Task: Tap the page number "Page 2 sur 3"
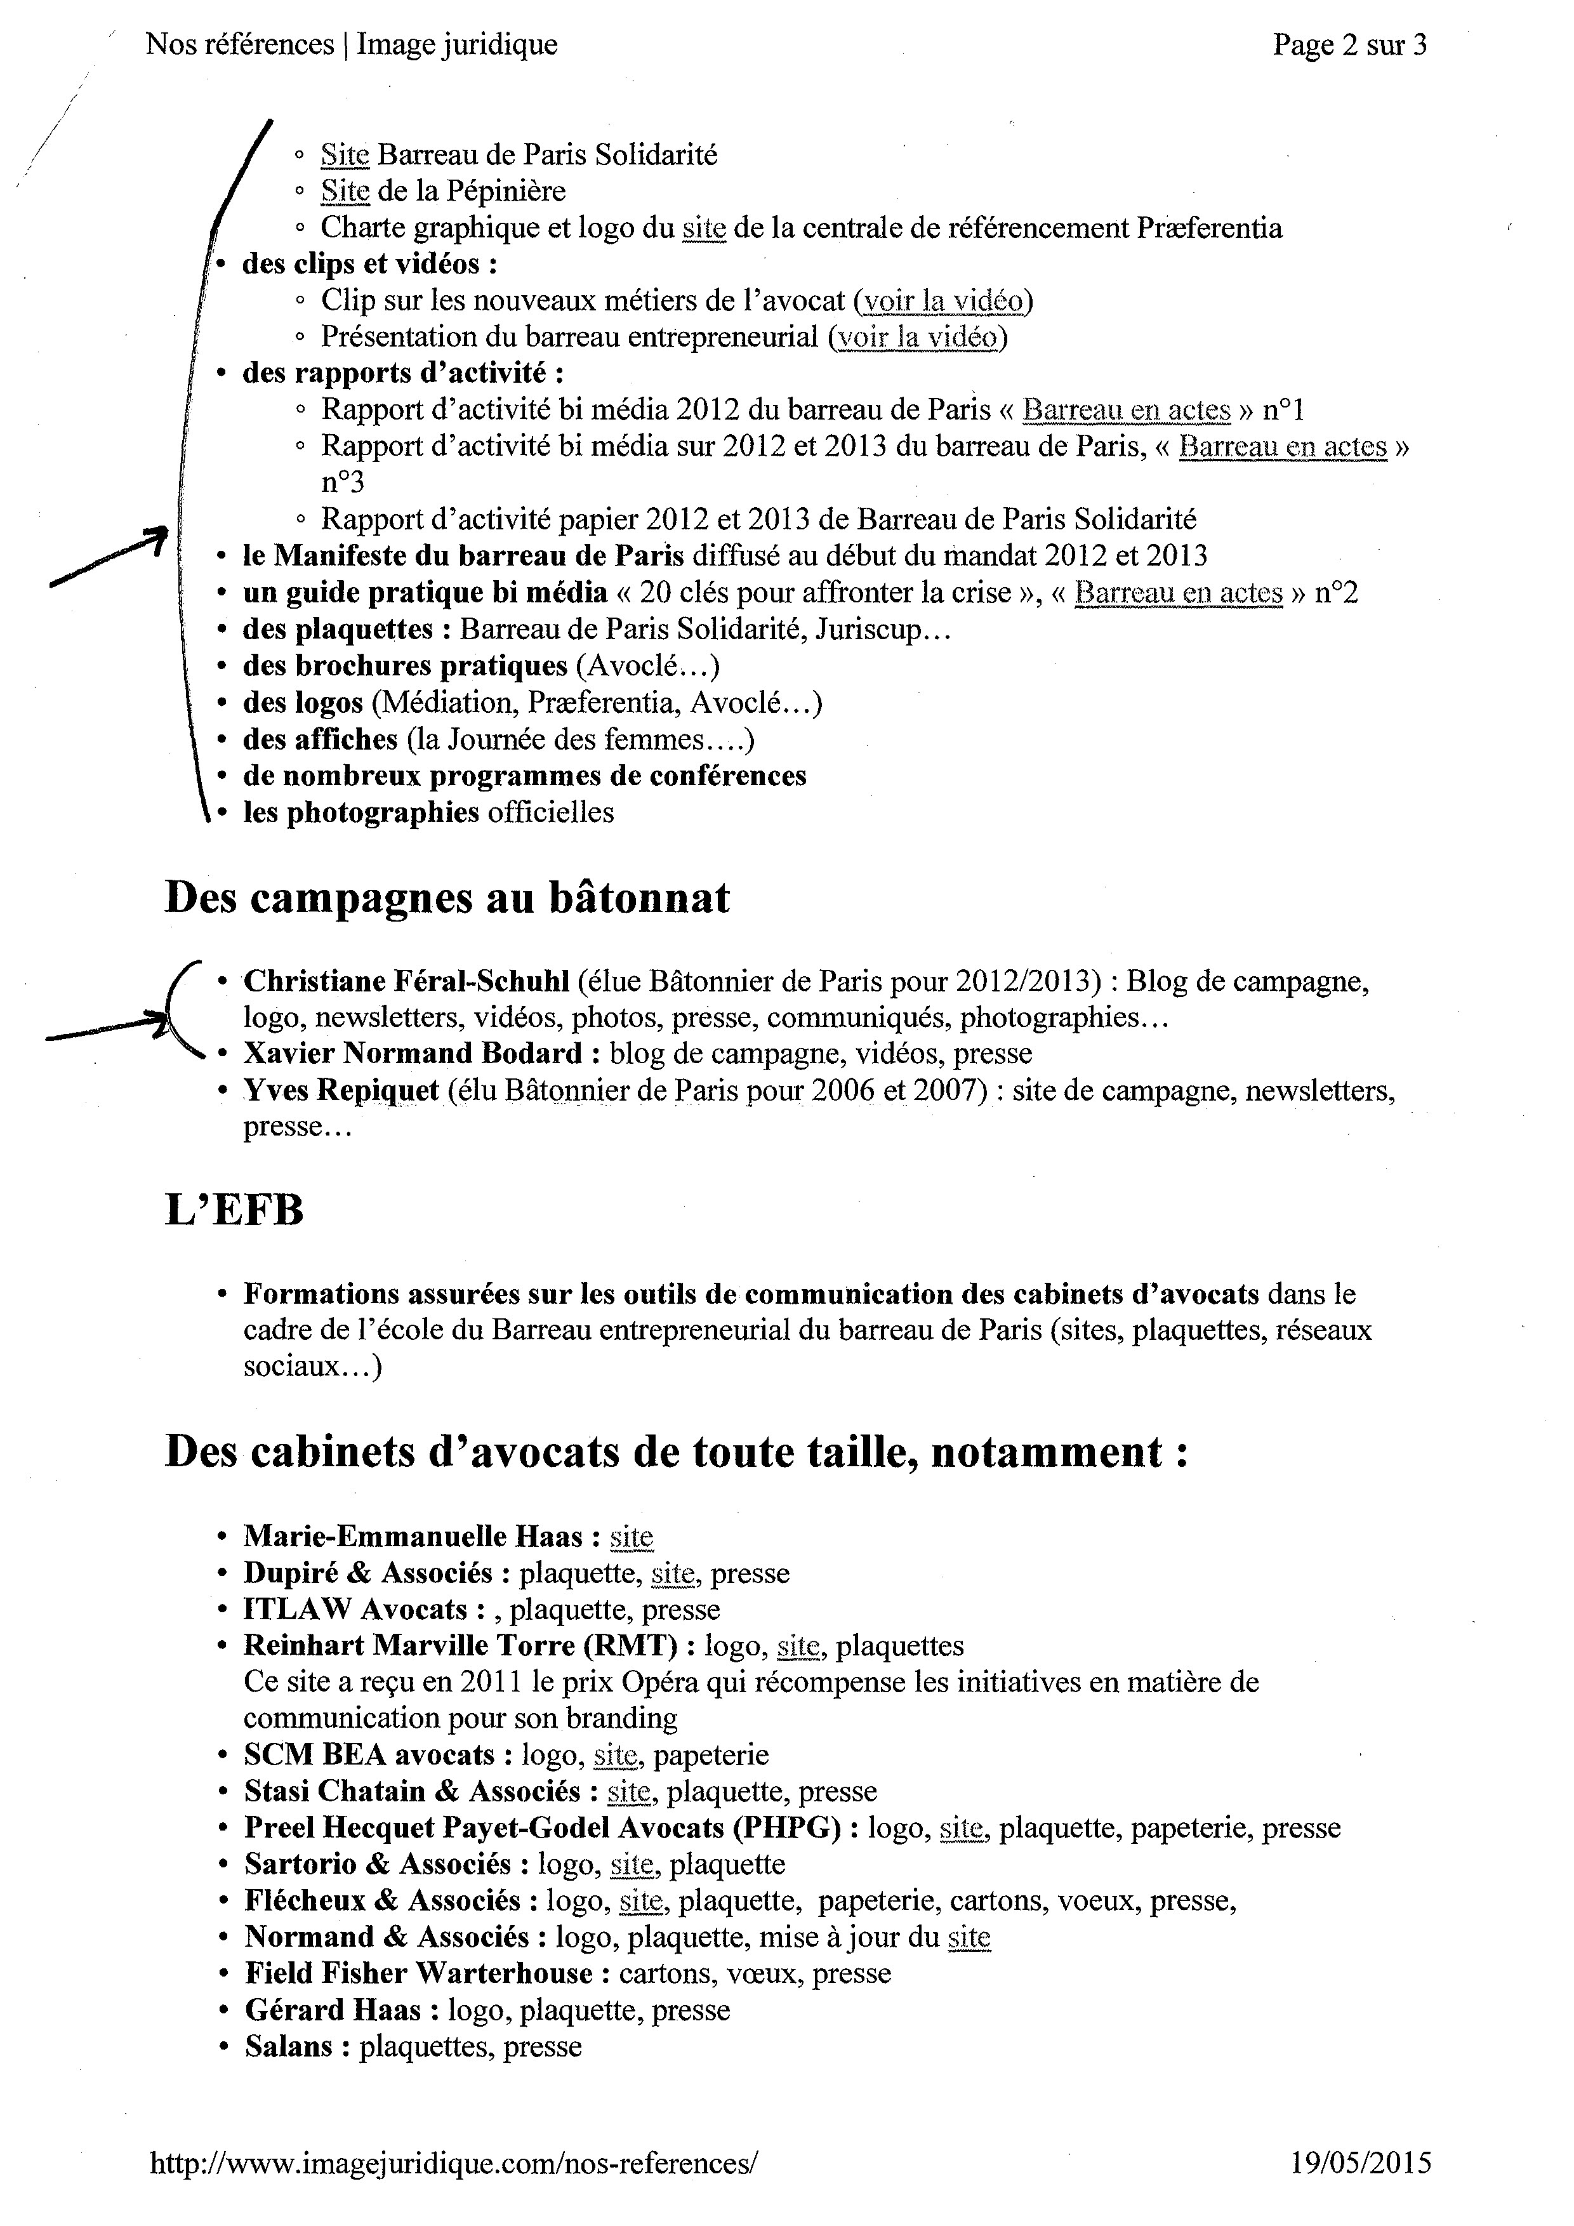[1349, 44]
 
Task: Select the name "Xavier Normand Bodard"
[413, 1053]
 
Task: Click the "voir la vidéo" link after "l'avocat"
[943, 301]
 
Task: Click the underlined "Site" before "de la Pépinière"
[345, 191]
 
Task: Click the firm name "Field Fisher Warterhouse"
[419, 1973]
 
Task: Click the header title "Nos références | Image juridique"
[352, 44]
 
